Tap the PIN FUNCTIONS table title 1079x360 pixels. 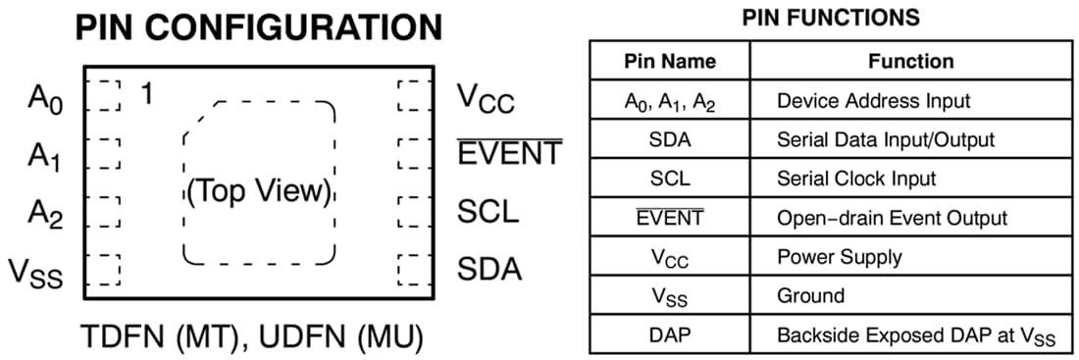click(x=831, y=17)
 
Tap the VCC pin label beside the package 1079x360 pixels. click(x=486, y=99)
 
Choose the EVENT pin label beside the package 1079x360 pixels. click(x=510, y=154)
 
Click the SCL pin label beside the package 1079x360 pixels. click(x=488, y=212)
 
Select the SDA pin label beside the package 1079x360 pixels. click(x=489, y=269)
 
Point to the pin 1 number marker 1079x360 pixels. click(x=147, y=95)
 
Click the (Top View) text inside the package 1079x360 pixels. click(x=259, y=190)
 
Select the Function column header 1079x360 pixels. click(x=910, y=61)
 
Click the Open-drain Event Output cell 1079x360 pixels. click(x=892, y=218)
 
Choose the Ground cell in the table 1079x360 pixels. click(x=810, y=295)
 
